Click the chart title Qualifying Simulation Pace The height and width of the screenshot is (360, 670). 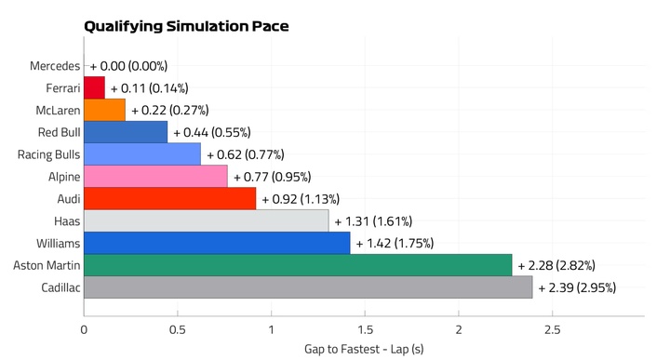tap(186, 26)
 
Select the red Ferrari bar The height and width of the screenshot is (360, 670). tap(94, 88)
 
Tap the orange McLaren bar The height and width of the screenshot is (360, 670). tap(104, 110)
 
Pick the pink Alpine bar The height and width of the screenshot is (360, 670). tap(155, 177)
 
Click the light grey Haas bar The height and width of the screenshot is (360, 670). tap(207, 220)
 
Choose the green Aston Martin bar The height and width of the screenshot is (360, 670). tap(298, 265)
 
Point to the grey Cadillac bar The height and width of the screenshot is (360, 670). tap(308, 287)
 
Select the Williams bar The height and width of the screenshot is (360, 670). tap(217, 243)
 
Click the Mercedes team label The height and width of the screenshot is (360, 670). tap(55, 66)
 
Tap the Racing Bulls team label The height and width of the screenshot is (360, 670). tap(48, 154)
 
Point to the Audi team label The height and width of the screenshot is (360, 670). tap(69, 199)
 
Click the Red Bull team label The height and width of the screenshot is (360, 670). tap(59, 132)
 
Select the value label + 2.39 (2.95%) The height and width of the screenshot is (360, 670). tap(577, 287)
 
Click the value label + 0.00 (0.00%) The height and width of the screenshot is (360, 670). tap(128, 66)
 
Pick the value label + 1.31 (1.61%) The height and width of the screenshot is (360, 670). tap(373, 221)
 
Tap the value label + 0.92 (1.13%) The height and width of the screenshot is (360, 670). tap(301, 199)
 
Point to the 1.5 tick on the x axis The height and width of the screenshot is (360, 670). tap(365, 330)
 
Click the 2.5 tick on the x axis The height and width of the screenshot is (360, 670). tap(552, 330)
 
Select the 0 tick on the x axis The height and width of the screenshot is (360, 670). tap(84, 330)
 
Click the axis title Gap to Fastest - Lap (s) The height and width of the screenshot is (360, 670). tap(364, 350)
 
